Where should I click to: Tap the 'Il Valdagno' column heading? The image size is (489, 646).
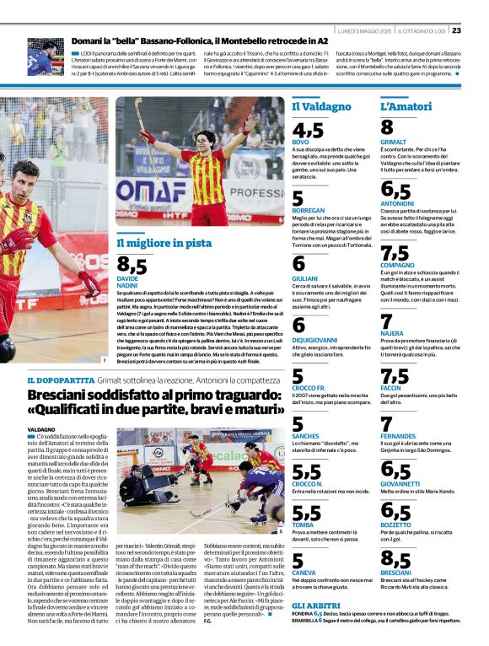tap(321, 106)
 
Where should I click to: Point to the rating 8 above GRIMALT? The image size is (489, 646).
tap(388, 127)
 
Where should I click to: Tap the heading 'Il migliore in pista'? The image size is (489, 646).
tap(164, 243)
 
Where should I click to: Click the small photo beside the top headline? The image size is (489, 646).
tap(45, 55)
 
